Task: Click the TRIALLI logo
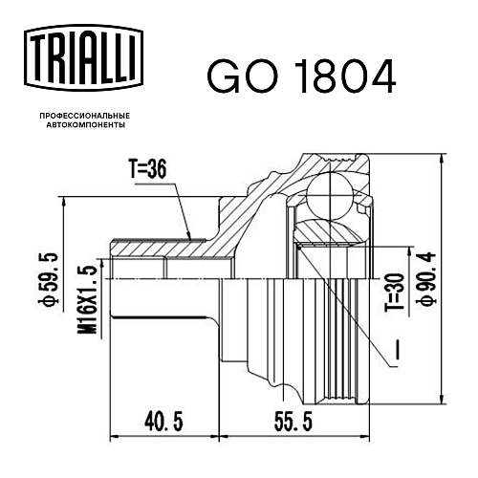(84, 58)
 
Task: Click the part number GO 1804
(301, 76)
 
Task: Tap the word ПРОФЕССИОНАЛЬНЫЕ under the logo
(85, 116)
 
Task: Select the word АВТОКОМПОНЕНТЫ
(85, 125)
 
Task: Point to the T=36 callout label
(147, 168)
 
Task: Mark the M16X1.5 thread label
(87, 299)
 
